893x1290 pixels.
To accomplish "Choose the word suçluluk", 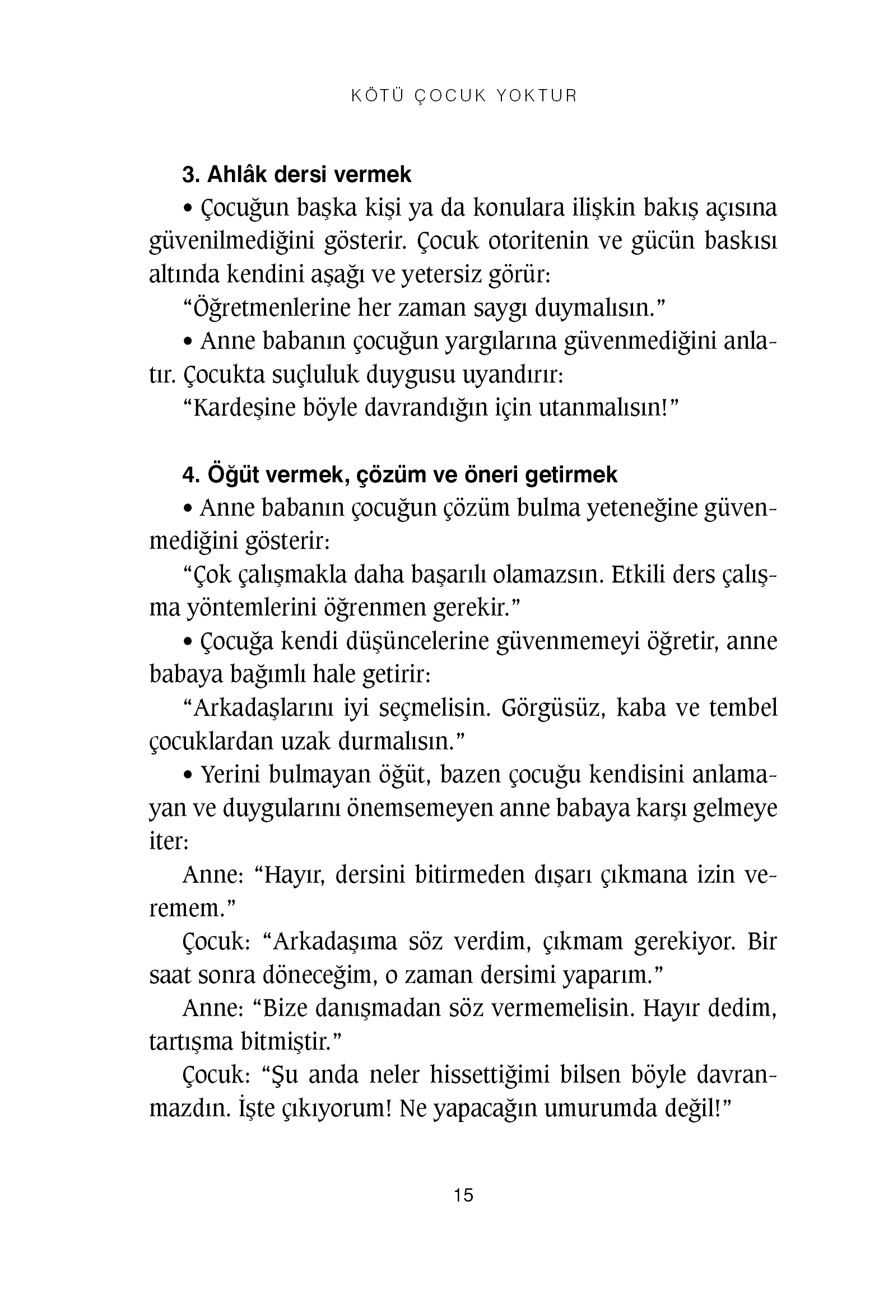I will coord(315,375).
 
